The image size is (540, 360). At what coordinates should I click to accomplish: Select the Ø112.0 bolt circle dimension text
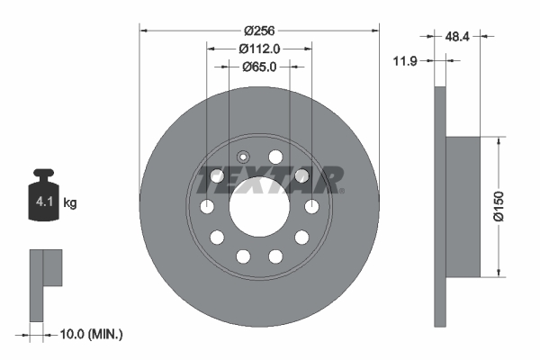259,49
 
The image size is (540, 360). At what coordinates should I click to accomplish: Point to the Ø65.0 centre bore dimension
259,67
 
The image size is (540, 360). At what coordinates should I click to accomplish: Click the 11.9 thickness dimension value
407,62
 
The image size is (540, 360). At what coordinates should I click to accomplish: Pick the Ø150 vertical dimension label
510,206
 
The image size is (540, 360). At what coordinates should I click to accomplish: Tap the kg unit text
70,203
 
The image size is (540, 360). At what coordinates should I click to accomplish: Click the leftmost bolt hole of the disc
206,208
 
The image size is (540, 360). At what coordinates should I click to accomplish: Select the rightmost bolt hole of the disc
312,208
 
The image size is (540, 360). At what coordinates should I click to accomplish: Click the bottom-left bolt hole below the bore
243,257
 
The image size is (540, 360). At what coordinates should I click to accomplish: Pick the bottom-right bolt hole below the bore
275,257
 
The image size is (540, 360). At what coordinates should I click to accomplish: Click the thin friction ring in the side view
440,207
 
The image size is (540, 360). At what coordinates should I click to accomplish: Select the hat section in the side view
464,206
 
